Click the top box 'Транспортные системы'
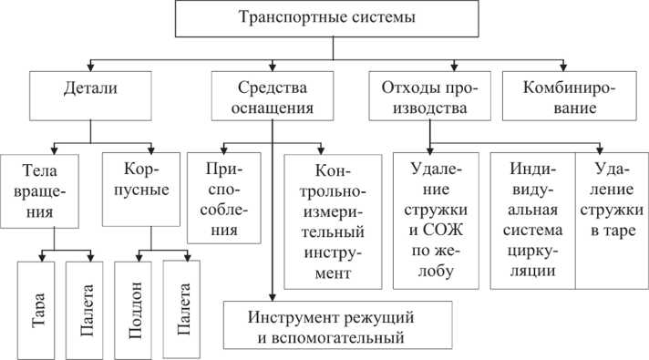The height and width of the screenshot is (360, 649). tap(324, 17)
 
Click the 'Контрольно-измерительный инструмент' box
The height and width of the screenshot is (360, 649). tap(326, 220)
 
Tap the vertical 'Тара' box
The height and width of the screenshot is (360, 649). tap(38, 309)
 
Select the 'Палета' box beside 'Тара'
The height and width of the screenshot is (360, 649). tap(87, 309)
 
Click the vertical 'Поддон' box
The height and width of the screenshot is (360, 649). tap(135, 309)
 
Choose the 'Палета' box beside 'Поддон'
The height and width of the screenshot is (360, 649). tap(183, 309)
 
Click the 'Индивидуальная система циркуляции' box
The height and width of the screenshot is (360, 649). tap(531, 220)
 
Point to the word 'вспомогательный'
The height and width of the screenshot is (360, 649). tap(324, 340)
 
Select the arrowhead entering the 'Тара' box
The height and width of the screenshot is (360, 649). tap(37, 256)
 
